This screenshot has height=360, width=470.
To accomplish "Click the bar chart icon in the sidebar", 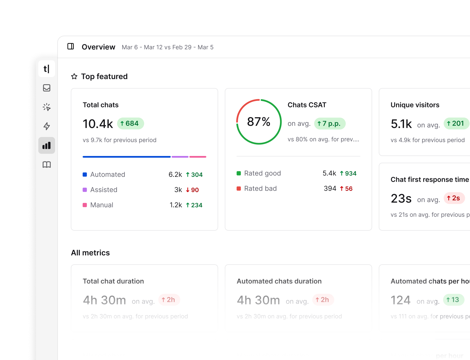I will tap(47, 146).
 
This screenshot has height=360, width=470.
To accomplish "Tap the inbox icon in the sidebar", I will tap(47, 88).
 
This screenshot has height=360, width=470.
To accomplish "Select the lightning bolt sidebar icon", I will tap(47, 126).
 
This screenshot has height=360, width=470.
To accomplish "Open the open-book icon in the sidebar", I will tap(47, 164).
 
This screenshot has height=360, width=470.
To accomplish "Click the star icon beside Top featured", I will tap(74, 77).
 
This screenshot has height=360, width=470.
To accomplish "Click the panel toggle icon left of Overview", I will tap(71, 46).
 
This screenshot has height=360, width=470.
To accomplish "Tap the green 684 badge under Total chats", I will tap(130, 123).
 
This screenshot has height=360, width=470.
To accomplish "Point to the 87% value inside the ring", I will tap(258, 122).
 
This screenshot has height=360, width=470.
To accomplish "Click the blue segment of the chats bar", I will tap(127, 157).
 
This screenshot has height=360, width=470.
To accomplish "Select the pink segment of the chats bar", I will tap(198, 157).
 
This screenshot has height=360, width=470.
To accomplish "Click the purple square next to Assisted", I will tap(85, 190).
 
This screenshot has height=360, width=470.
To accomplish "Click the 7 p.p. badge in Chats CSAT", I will tap(330, 123).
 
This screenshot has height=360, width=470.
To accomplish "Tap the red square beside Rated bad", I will tap(239, 188).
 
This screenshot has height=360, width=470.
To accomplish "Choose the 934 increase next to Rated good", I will tap(348, 174).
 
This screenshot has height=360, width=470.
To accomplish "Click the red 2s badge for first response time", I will tap(454, 198).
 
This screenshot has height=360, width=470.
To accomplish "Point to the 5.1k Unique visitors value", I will tap(401, 124).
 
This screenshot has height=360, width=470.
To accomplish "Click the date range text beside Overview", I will tap(167, 47).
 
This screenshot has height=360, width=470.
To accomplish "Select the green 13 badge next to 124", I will tap(453, 300).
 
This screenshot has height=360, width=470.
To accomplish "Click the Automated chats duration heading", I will tap(279, 281).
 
